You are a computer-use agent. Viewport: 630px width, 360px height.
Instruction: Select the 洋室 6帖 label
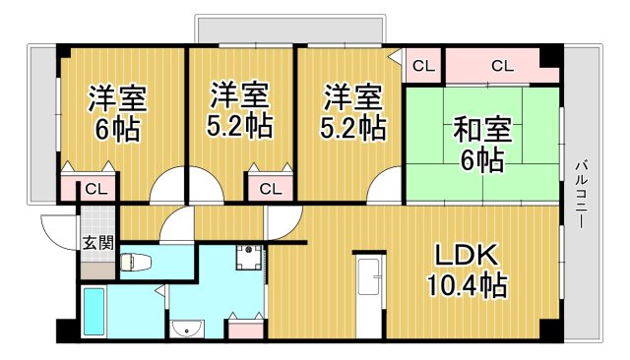118,113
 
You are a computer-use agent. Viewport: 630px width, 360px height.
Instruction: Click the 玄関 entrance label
95,243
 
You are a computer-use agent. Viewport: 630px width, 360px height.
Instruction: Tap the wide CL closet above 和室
501,67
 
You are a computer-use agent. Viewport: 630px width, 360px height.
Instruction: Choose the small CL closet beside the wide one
422,67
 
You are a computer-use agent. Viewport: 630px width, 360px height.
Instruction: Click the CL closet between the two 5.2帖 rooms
271,188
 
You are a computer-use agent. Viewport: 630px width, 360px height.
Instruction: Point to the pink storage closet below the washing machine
246,326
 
